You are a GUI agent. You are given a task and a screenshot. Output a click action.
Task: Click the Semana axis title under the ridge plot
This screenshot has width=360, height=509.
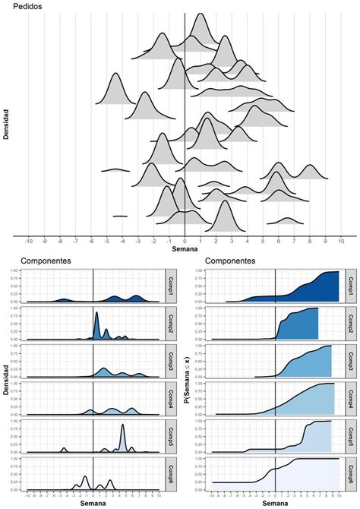(185, 248)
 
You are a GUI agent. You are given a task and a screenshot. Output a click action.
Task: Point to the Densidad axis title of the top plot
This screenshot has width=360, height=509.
(6, 125)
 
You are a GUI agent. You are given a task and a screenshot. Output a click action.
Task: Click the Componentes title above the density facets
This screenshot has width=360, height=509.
(46, 261)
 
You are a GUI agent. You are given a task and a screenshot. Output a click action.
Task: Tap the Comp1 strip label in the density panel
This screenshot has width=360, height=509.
(171, 286)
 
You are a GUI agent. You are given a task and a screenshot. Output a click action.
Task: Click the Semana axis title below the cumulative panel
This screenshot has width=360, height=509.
(277, 503)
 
